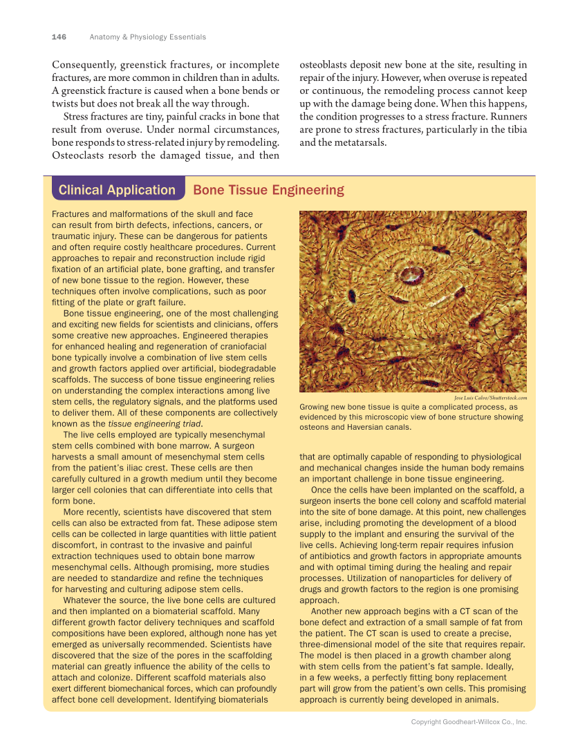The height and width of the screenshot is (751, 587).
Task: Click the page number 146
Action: click(59, 37)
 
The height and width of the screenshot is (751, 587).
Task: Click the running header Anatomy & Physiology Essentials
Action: click(147, 37)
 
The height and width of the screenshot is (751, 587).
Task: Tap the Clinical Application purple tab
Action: click(117, 190)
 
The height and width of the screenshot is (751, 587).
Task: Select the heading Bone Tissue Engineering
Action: click(268, 190)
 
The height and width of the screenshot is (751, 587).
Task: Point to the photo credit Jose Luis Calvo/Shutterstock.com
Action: click(490, 398)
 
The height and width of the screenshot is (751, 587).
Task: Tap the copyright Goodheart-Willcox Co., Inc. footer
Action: click(469, 721)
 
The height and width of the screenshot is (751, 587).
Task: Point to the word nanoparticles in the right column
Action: click(410, 578)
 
